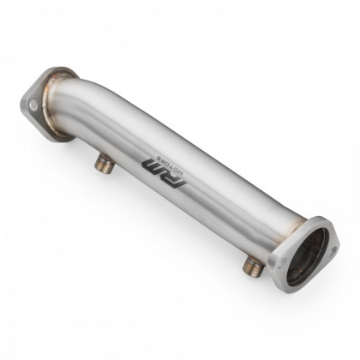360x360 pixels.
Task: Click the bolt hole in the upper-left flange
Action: pyautogui.click(x=33, y=105)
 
